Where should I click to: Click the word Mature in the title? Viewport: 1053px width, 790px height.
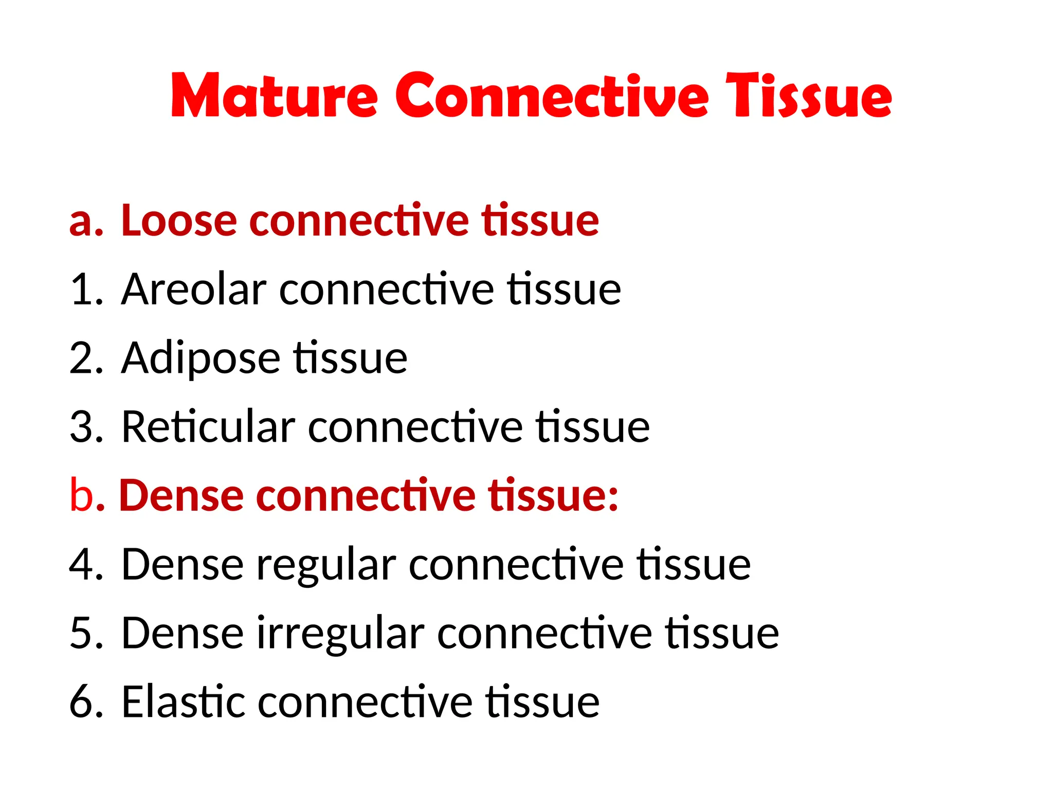pos(274,96)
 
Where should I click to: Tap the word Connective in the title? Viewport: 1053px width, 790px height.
pos(552,96)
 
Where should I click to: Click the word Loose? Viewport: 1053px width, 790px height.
pos(179,221)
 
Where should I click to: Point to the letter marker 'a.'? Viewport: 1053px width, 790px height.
pos(86,222)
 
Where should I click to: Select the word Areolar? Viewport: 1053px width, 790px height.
pos(193,290)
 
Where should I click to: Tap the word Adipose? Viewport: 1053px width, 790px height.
pos(201,358)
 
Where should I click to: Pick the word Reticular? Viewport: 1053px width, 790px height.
pos(208,426)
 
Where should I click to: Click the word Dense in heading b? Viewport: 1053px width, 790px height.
pos(181,495)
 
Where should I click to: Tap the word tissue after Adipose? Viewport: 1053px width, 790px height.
pos(351,358)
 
